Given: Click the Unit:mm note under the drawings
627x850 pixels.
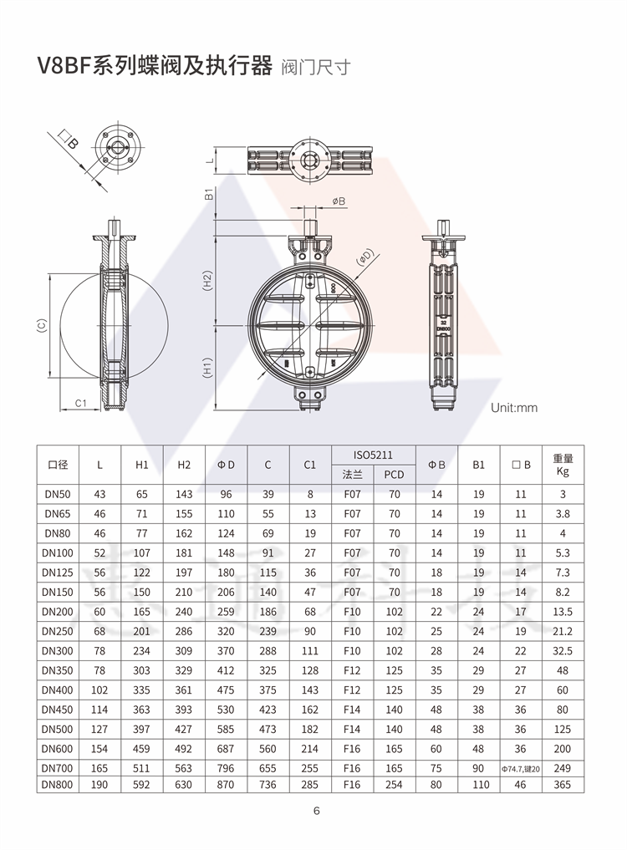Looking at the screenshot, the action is (513, 408).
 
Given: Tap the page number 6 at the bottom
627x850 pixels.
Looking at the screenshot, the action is (317, 811).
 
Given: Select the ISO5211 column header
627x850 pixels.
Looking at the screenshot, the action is (373, 456).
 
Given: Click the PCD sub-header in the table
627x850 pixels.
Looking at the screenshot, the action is (395, 475).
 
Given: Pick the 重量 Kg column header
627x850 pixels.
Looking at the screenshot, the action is (563, 465).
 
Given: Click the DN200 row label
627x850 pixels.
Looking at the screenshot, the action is (58, 612).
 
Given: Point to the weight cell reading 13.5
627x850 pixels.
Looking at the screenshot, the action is (563, 612).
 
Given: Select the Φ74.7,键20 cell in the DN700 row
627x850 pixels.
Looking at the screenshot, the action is (520, 769).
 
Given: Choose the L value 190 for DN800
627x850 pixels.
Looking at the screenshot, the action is (99, 785).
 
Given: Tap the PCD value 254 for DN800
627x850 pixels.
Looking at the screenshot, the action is (395, 785).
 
